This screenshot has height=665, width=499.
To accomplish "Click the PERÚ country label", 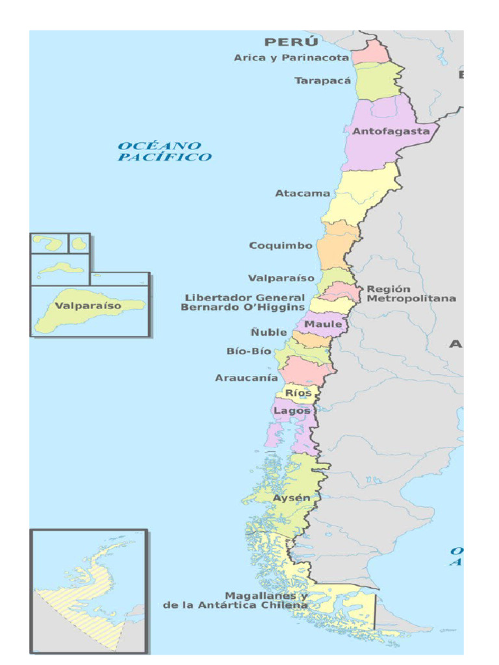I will coord(291,42).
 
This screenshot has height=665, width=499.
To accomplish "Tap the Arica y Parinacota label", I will coord(291,58).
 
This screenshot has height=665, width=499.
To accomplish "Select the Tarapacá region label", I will coord(322,81).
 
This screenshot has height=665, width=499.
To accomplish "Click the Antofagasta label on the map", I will coord(390,131).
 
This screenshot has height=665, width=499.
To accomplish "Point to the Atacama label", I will coord(302,194).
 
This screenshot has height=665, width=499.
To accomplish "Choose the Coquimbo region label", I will coord(281,246).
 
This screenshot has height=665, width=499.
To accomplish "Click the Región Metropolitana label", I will coord(411,294).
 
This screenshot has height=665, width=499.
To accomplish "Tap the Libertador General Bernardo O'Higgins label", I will coord(243,303).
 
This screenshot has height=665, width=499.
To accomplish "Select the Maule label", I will coord(324,324).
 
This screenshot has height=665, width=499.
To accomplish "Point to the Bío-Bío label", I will coord(249,351).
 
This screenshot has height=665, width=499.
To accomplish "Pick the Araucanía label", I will coord(246,378).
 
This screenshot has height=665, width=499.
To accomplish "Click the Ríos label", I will coord(299,394).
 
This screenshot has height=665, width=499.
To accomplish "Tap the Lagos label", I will coord(292,411).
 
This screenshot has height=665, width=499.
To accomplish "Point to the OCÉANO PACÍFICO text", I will coord(164,151).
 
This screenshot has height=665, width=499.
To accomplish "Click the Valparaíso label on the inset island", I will coord(88,306).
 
